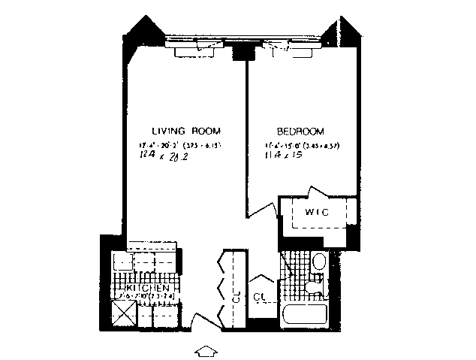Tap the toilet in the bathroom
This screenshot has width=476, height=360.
pyautogui.click(x=318, y=263)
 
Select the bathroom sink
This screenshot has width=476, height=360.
pyautogui.click(x=314, y=289)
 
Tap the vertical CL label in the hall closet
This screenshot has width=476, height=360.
pyautogui.click(x=236, y=297)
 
